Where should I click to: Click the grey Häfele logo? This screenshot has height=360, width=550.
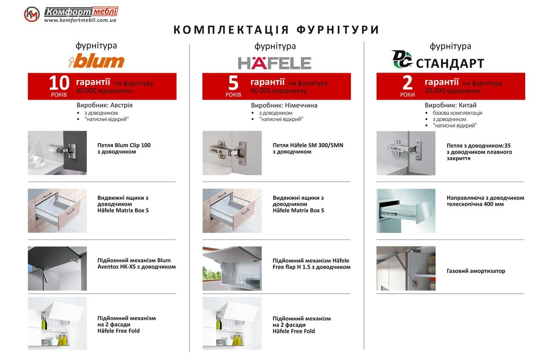point(274,63)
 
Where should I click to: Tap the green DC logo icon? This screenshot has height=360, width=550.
point(402,60)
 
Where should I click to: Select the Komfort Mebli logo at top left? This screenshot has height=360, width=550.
point(71,14)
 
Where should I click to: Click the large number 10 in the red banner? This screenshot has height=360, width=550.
point(58,83)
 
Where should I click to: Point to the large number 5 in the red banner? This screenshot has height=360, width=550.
point(233,83)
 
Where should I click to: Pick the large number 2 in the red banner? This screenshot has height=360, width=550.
point(408,83)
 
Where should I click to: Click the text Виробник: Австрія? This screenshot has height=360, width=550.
point(105,105)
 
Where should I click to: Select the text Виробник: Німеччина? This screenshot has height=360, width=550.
point(284,105)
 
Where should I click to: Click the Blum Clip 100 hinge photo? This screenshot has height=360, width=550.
point(57,153)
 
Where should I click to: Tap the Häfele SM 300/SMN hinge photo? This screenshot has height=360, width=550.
point(232,153)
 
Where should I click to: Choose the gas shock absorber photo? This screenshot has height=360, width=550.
point(406,269)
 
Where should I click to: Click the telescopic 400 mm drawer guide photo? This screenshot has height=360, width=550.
point(406,211)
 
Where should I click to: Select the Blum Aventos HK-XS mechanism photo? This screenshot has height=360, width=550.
point(57,269)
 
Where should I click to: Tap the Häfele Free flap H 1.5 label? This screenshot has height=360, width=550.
point(311,264)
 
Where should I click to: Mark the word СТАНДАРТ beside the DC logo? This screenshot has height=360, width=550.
point(450,64)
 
